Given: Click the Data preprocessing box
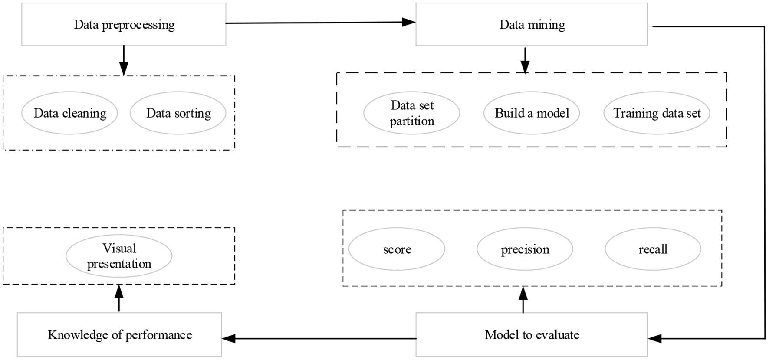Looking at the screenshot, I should coord(124,24).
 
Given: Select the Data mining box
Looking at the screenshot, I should coord(532,24).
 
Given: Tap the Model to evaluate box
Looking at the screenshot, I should coord(532,334).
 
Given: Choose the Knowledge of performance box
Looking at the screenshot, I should coord(119,334).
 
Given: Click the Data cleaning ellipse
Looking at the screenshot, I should coord(69,113).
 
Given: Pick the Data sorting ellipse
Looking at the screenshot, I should coord(178,113).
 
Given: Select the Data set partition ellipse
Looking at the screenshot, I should coord(411,113).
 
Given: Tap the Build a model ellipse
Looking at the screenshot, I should coord(532,113).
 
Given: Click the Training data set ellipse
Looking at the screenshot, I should coord(657,113).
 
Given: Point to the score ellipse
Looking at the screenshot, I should coord(397,249).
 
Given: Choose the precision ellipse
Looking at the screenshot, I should coord(525,249).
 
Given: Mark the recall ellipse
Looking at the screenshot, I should coord(653,249).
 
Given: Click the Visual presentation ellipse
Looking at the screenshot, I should coord(119,256).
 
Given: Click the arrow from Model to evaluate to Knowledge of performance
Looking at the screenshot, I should coord(319,338).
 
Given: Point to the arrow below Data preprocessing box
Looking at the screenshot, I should coord(124,60).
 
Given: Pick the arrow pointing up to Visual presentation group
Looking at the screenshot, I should coord(119,298).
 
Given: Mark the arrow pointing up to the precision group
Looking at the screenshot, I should coord(523,300).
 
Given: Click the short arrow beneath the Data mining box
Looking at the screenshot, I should coord(525,60).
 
